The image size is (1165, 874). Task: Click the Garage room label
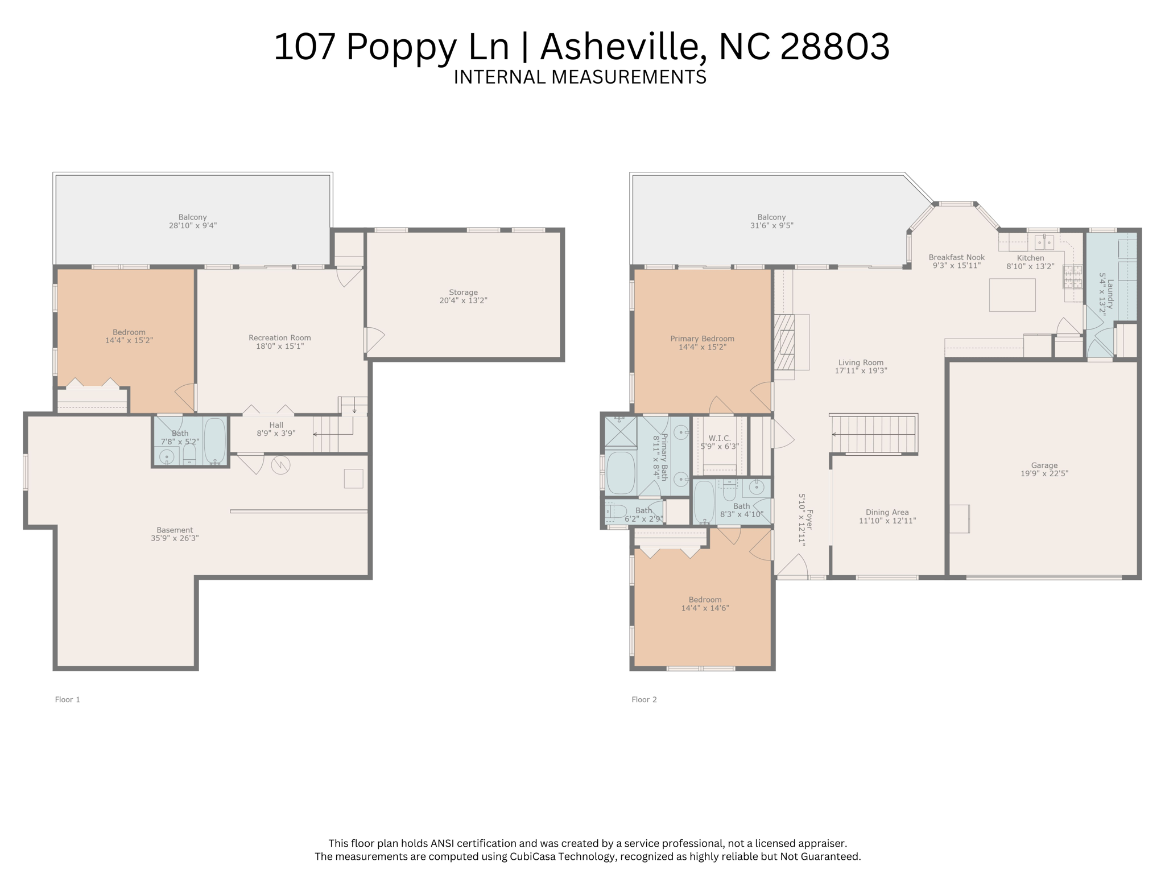[1044, 469]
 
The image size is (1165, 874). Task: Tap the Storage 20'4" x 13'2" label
[463, 296]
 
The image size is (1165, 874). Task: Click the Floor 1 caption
[67, 699]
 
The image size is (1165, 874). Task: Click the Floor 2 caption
[644, 699]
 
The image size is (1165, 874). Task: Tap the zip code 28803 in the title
[834, 47]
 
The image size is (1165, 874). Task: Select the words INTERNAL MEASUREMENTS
[580, 77]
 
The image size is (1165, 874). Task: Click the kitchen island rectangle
[1012, 295]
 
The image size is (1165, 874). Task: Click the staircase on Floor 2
[873, 434]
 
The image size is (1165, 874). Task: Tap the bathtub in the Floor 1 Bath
[214, 440]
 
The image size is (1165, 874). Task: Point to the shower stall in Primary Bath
[620, 432]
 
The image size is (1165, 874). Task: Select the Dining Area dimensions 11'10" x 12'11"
[887, 521]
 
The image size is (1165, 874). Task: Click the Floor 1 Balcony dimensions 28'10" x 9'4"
[192, 226]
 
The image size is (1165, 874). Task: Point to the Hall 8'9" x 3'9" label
[276, 429]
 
